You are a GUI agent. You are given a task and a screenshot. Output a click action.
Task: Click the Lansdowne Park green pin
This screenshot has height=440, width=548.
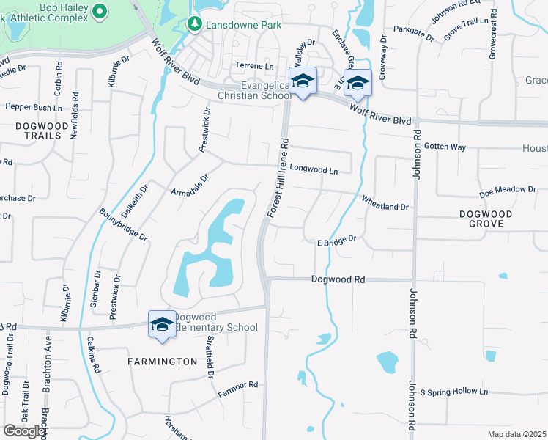194,25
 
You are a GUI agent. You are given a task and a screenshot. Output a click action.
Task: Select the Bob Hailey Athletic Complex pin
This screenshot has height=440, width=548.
100,12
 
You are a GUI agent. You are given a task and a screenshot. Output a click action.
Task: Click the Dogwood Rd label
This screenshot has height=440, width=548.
338,279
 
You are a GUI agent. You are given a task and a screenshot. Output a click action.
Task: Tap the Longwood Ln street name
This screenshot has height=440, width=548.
314,171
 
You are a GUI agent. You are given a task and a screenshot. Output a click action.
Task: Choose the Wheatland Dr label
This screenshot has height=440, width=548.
385,203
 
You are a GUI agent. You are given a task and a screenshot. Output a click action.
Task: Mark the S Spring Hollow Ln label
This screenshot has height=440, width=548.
453,392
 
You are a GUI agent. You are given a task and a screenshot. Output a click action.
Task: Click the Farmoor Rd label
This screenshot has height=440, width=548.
238,389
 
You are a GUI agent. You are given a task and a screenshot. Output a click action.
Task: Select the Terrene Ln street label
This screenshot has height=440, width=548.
253,66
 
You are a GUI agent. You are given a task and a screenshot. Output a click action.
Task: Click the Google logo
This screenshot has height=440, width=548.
24,431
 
